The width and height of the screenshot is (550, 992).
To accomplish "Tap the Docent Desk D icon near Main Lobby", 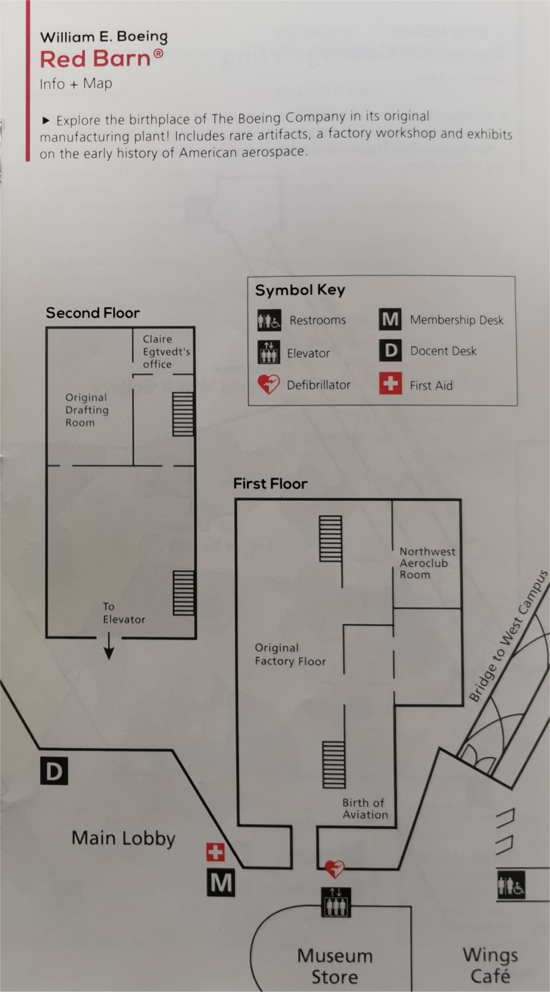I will (x=54, y=771).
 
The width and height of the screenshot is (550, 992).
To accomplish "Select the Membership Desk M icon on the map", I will (x=221, y=882).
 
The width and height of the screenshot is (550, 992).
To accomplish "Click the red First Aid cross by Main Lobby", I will (x=215, y=852).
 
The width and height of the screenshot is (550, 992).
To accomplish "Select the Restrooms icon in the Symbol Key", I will (x=269, y=321).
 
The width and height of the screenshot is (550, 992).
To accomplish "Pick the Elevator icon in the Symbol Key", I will (x=269, y=353).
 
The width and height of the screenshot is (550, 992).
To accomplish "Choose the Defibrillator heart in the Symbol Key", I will (x=269, y=385).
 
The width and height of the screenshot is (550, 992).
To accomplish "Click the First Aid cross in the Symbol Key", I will (x=390, y=384).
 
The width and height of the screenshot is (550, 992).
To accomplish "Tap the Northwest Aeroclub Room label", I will (x=426, y=563).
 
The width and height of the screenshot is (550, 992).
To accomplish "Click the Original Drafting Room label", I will (x=86, y=410).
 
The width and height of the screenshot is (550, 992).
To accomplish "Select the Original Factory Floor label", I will (x=290, y=654).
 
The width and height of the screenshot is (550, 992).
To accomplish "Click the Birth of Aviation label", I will (x=365, y=808).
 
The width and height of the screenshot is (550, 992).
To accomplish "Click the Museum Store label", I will (x=335, y=966).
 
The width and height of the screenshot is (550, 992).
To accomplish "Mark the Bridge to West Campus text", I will (x=508, y=636).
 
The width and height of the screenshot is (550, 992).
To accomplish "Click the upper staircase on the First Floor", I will (x=330, y=538).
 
